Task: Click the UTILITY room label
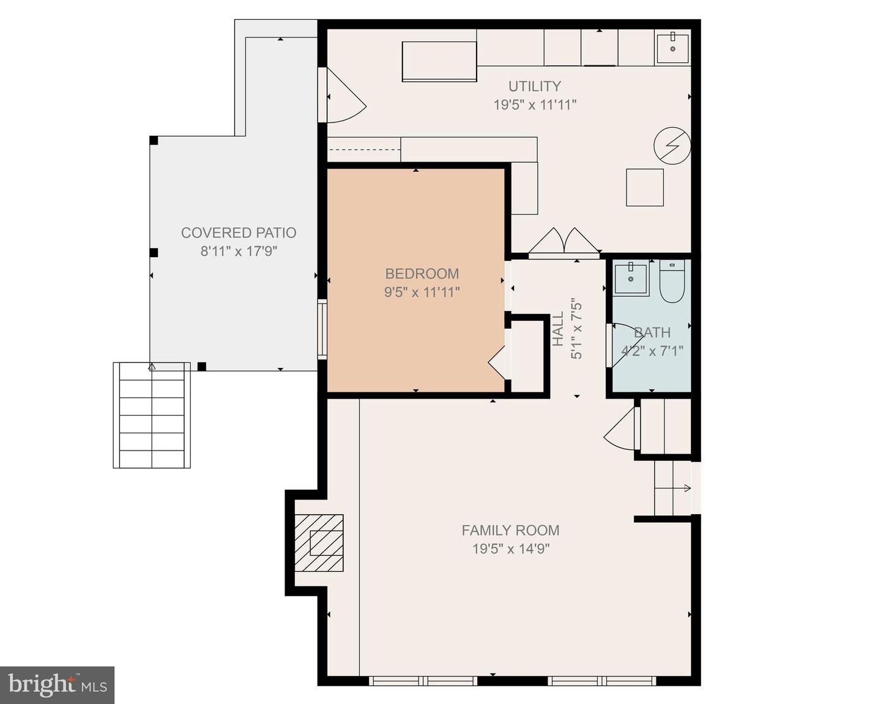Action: [x=534, y=86]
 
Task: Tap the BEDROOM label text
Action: [x=422, y=274]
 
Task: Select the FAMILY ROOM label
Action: [x=510, y=530]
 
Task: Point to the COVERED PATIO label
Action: [x=239, y=233]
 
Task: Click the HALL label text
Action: [x=558, y=329]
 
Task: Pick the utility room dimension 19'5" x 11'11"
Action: [x=535, y=105]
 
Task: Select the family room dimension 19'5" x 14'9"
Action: [x=510, y=549]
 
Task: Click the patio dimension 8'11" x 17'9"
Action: [x=239, y=251]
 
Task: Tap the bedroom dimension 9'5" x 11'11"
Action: [x=422, y=292]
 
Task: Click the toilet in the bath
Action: [x=672, y=282]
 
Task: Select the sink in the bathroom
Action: [x=630, y=279]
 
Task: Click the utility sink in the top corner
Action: [x=672, y=48]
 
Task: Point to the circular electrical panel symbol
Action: [x=672, y=146]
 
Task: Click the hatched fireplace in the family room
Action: [x=319, y=543]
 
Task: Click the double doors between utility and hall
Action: [x=563, y=242]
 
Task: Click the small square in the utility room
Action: [x=645, y=187]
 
